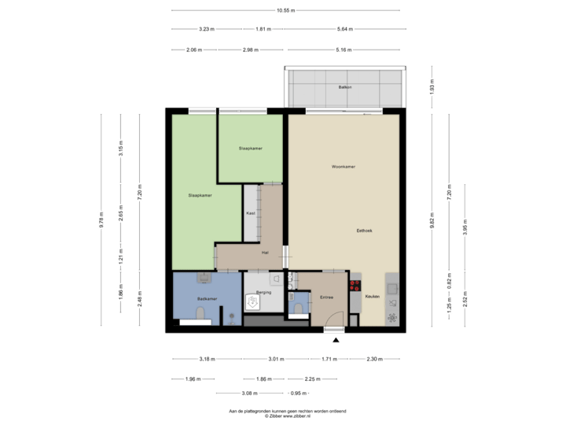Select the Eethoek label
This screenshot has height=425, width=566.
click(364, 231)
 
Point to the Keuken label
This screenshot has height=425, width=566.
click(372, 297)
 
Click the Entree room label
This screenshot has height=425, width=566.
click(326, 297)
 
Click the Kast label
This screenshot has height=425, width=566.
click(251, 213)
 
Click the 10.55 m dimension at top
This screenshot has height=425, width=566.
click(285, 10)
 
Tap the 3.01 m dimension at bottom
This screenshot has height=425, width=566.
click(275, 359)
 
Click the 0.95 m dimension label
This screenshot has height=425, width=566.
click(297, 393)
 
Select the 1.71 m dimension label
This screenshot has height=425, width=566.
click(329, 359)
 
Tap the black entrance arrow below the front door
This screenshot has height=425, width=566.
click(336, 340)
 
